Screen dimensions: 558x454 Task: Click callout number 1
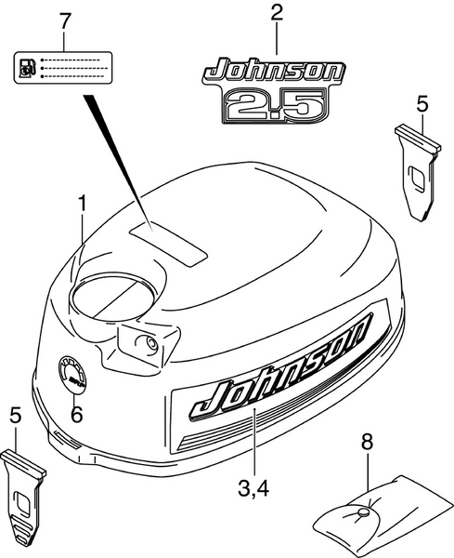84,202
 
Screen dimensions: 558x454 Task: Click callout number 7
62,20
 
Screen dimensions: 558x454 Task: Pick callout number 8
366,445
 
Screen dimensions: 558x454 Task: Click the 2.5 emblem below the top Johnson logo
274,101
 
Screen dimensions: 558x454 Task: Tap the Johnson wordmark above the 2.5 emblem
274,71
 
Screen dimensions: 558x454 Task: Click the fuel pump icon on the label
29,69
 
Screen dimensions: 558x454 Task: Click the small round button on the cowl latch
149,343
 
